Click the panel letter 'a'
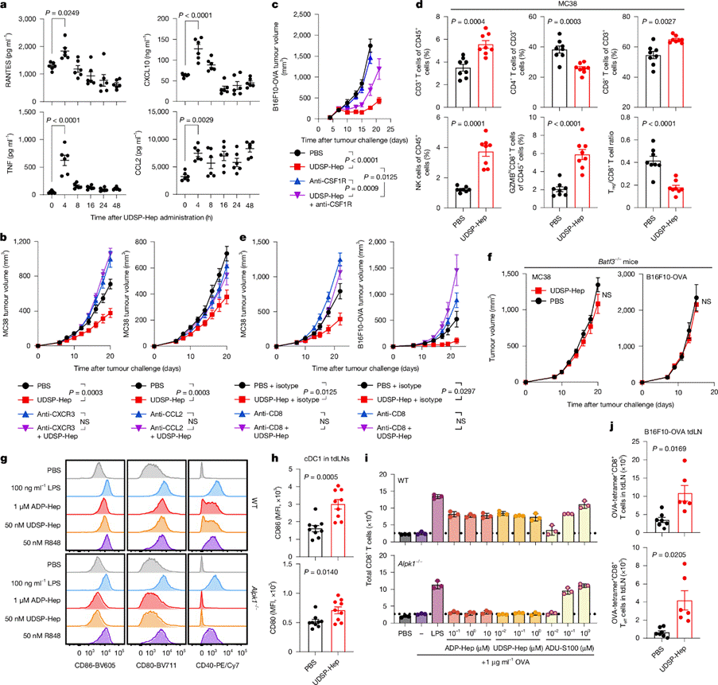6,6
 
